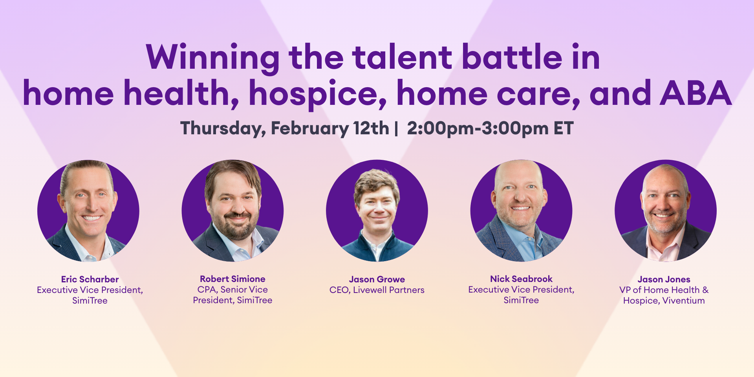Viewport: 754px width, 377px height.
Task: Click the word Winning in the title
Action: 212,57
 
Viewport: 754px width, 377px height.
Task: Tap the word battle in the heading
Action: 512,57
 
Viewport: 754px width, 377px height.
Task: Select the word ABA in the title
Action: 696,93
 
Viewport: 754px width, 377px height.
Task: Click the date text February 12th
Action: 330,128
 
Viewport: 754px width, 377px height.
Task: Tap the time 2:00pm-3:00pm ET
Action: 490,128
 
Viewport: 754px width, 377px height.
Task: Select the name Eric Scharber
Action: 90,279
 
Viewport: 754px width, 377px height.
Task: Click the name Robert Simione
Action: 232,279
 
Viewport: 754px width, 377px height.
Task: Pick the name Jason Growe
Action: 377,279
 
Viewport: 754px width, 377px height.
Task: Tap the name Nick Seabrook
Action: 521,279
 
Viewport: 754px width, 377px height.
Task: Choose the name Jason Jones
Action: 664,279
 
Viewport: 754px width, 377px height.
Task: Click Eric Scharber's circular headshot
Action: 88,210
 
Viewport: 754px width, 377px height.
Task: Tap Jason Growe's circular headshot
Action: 377,210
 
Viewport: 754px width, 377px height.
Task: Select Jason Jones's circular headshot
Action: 665,210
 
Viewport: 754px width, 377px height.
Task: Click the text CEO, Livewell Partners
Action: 377,290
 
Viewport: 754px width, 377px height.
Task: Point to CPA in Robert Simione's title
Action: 207,289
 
